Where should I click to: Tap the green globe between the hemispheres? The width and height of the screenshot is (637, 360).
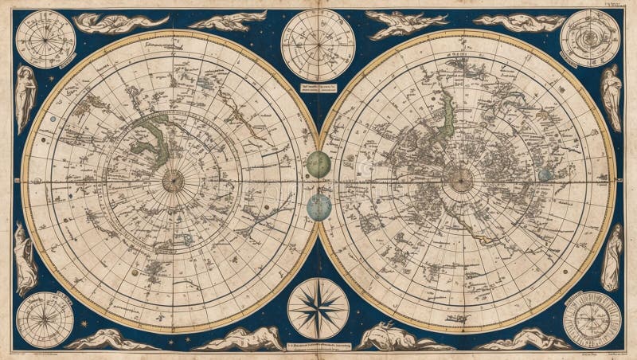(318, 165)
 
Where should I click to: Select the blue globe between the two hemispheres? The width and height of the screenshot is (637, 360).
(318, 207)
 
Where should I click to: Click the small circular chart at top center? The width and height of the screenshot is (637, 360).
(318, 44)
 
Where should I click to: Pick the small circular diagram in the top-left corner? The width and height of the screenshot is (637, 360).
(45, 39)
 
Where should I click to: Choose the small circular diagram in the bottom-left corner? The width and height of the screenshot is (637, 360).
(45, 320)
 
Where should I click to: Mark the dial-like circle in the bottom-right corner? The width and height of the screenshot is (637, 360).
(592, 319)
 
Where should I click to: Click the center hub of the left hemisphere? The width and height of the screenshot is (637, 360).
(173, 181)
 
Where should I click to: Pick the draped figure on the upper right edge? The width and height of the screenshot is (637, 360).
(612, 97)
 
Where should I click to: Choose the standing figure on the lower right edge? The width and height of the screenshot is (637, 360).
(612, 256)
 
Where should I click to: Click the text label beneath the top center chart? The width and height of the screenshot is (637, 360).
(318, 89)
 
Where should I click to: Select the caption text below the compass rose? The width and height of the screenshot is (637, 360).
(318, 345)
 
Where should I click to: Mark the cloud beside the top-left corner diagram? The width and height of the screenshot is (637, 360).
(119, 22)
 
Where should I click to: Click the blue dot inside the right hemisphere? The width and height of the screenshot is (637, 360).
(545, 174)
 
